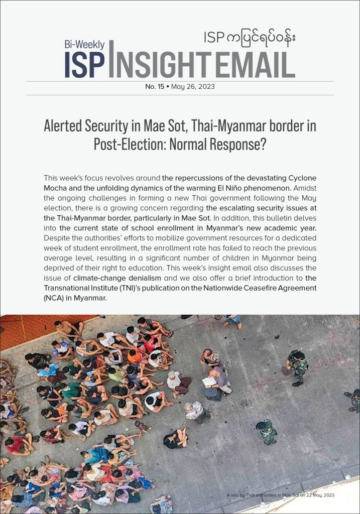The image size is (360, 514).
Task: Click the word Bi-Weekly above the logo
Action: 83,44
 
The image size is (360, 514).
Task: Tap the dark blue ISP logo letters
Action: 85,64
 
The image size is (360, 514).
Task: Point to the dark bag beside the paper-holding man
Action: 212,394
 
